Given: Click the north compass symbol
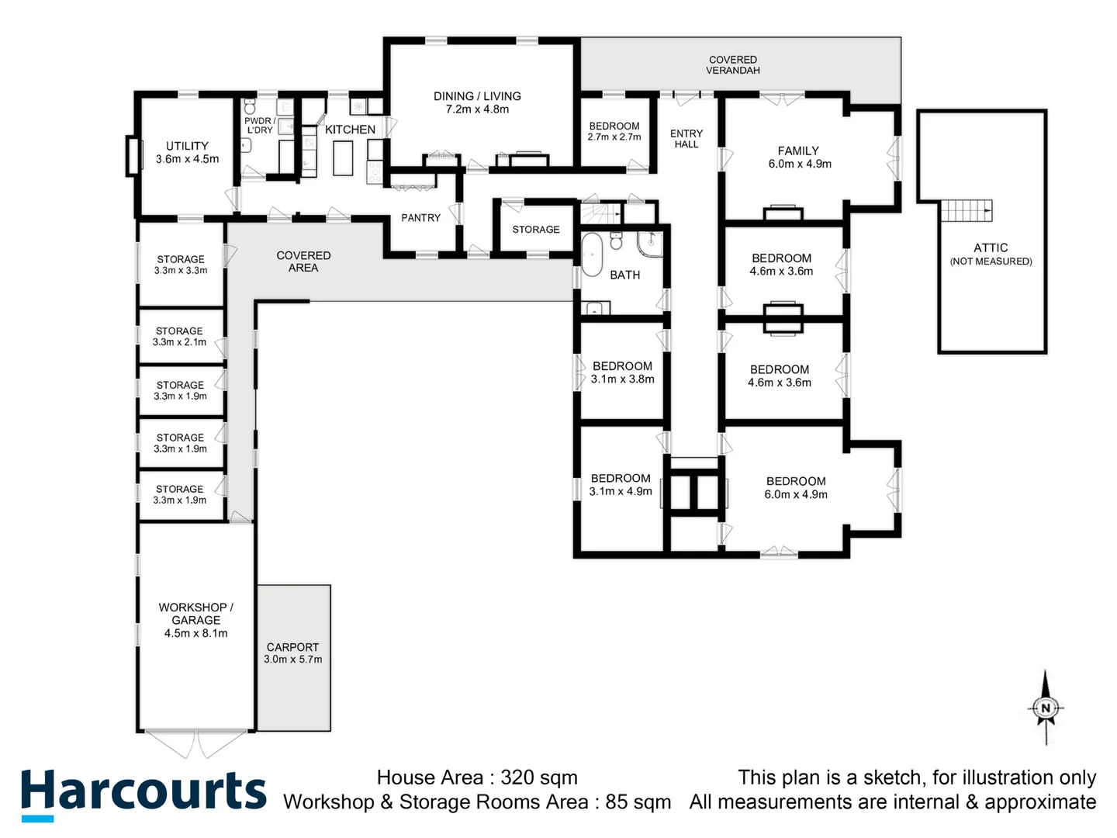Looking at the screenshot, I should [1046, 708].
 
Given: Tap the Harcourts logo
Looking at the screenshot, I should [143, 793].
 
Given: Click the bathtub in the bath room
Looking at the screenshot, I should [593, 254].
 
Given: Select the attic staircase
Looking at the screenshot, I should [967, 210].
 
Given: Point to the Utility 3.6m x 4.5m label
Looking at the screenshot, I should [187, 152].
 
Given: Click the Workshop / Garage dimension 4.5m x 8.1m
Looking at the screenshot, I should [195, 633].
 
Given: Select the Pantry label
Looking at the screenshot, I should [420, 218].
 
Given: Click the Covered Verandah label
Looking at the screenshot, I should [732, 65].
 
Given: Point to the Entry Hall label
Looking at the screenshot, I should [686, 139].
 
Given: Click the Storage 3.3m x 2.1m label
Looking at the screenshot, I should [179, 337].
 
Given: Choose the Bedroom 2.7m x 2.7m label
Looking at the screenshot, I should [614, 131].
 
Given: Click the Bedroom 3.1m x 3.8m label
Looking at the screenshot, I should [622, 372].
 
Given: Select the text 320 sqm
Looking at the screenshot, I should [538, 777].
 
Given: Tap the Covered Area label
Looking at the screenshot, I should [303, 261].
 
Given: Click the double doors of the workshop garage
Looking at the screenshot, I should [196, 743].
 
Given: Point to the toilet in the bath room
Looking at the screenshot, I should [617, 241].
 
